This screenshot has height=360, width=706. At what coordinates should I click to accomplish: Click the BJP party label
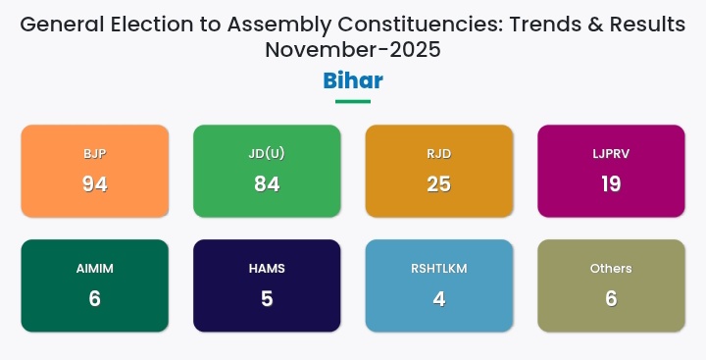[95, 154]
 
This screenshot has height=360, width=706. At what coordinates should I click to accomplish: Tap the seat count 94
[95, 183]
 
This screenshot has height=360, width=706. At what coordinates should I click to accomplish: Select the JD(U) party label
[267, 154]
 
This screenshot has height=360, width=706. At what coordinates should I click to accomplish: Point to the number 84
[267, 183]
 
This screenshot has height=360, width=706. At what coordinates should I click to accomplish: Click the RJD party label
[439, 154]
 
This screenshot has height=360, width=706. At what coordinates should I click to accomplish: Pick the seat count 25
[439, 183]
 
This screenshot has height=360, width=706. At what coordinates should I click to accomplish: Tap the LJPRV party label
[611, 154]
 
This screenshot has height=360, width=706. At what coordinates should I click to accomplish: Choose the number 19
[611, 183]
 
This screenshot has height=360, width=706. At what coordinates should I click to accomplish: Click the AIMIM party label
[95, 269]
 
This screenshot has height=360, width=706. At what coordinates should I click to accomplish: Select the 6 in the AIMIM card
[95, 298]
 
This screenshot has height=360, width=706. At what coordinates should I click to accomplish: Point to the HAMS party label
[267, 269]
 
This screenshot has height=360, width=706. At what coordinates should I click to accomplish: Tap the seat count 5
[267, 298]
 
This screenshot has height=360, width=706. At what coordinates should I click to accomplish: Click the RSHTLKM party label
[439, 269]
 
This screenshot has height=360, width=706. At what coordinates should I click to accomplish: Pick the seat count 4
[439, 298]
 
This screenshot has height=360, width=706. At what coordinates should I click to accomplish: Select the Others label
[611, 269]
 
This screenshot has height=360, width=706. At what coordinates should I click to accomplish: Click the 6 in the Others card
[611, 298]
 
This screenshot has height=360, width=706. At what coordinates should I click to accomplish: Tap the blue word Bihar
[353, 80]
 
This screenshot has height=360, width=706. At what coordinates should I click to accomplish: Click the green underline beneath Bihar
[353, 101]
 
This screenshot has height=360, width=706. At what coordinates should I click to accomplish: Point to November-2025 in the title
[353, 49]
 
